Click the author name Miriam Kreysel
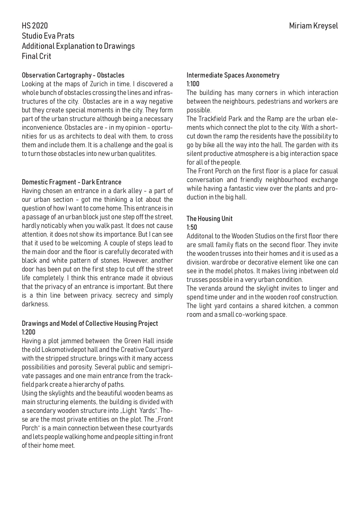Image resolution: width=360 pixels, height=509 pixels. [x=314, y=26]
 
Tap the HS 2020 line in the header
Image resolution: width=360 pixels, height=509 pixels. [x=35, y=26]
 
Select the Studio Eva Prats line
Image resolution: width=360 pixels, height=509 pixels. [x=48, y=36]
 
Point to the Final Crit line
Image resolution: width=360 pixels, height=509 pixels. [x=37, y=56]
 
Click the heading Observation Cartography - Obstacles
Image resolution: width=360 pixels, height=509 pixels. [x=73, y=75]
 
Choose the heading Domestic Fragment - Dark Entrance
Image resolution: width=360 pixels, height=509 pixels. [x=72, y=182]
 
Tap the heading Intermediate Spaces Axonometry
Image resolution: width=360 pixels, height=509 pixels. [x=233, y=75]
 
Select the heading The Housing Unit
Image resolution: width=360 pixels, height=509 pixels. [x=210, y=219]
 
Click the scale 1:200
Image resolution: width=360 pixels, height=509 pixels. [x=29, y=332]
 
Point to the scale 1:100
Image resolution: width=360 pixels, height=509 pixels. [x=193, y=84]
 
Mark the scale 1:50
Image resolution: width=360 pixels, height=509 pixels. [x=192, y=227]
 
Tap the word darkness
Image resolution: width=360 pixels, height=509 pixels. [x=35, y=304]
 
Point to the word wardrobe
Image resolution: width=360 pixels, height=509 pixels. [x=225, y=262]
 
